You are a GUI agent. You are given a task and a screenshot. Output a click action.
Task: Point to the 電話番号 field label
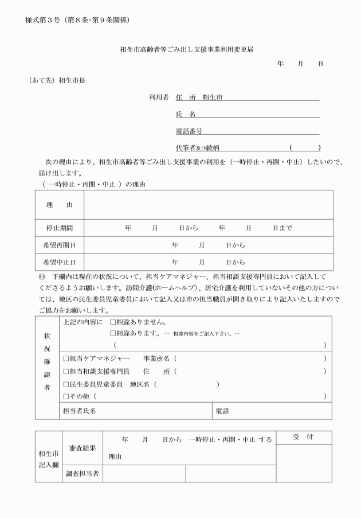pyautogui.click(x=189, y=131)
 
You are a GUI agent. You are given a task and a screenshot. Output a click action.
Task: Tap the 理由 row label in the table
pyautogui.click(x=60, y=204)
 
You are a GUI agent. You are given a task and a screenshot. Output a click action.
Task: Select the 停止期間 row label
pyautogui.click(x=60, y=228)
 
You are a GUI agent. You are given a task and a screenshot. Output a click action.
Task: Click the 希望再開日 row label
pyautogui.click(x=60, y=245)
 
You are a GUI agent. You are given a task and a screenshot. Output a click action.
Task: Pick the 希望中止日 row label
pyautogui.click(x=60, y=262)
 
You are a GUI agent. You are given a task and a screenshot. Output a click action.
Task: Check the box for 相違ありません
pyautogui.click(x=113, y=322)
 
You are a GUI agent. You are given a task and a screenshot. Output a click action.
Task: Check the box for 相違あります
pyautogui.click(x=113, y=333)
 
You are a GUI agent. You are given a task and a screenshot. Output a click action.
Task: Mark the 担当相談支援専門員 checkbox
pyautogui.click(x=66, y=371)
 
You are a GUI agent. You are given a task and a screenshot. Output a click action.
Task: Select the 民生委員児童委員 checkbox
pyautogui.click(x=66, y=384)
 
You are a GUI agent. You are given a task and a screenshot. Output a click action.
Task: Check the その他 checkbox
pyautogui.click(x=66, y=396)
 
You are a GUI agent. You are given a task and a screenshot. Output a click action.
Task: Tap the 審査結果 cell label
pyautogui.click(x=82, y=447)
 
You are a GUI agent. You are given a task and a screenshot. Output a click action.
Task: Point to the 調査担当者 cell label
pyautogui.click(x=82, y=473)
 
